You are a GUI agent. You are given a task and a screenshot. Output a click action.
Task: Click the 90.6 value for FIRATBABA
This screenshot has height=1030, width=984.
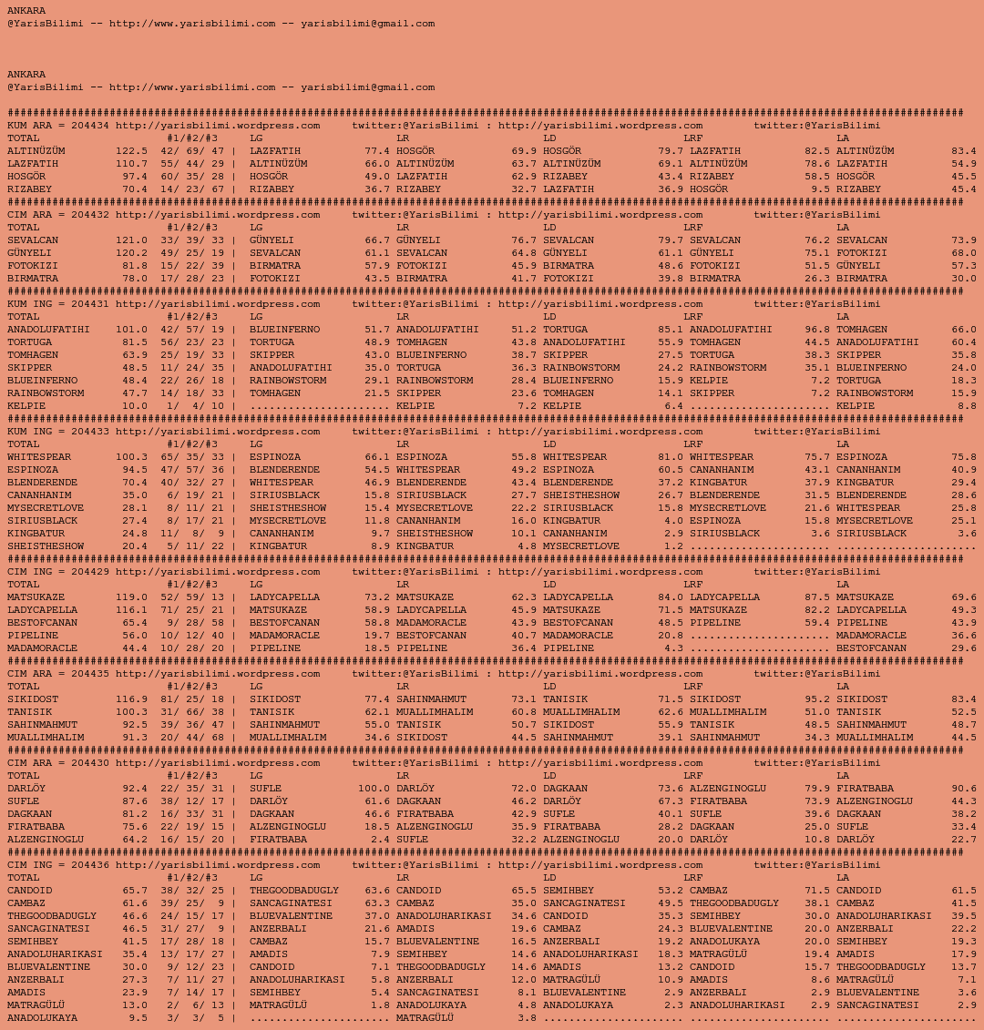(963, 789)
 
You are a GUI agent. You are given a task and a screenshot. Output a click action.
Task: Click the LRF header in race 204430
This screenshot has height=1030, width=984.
(693, 776)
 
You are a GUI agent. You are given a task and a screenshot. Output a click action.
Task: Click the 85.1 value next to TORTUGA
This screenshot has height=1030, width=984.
(670, 330)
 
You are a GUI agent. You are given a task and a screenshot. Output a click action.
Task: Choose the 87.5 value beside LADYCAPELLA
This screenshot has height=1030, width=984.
(817, 597)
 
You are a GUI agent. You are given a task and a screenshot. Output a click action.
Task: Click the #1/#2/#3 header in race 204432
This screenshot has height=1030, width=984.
(191, 228)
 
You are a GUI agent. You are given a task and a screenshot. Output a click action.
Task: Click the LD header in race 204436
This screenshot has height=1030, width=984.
(549, 878)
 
